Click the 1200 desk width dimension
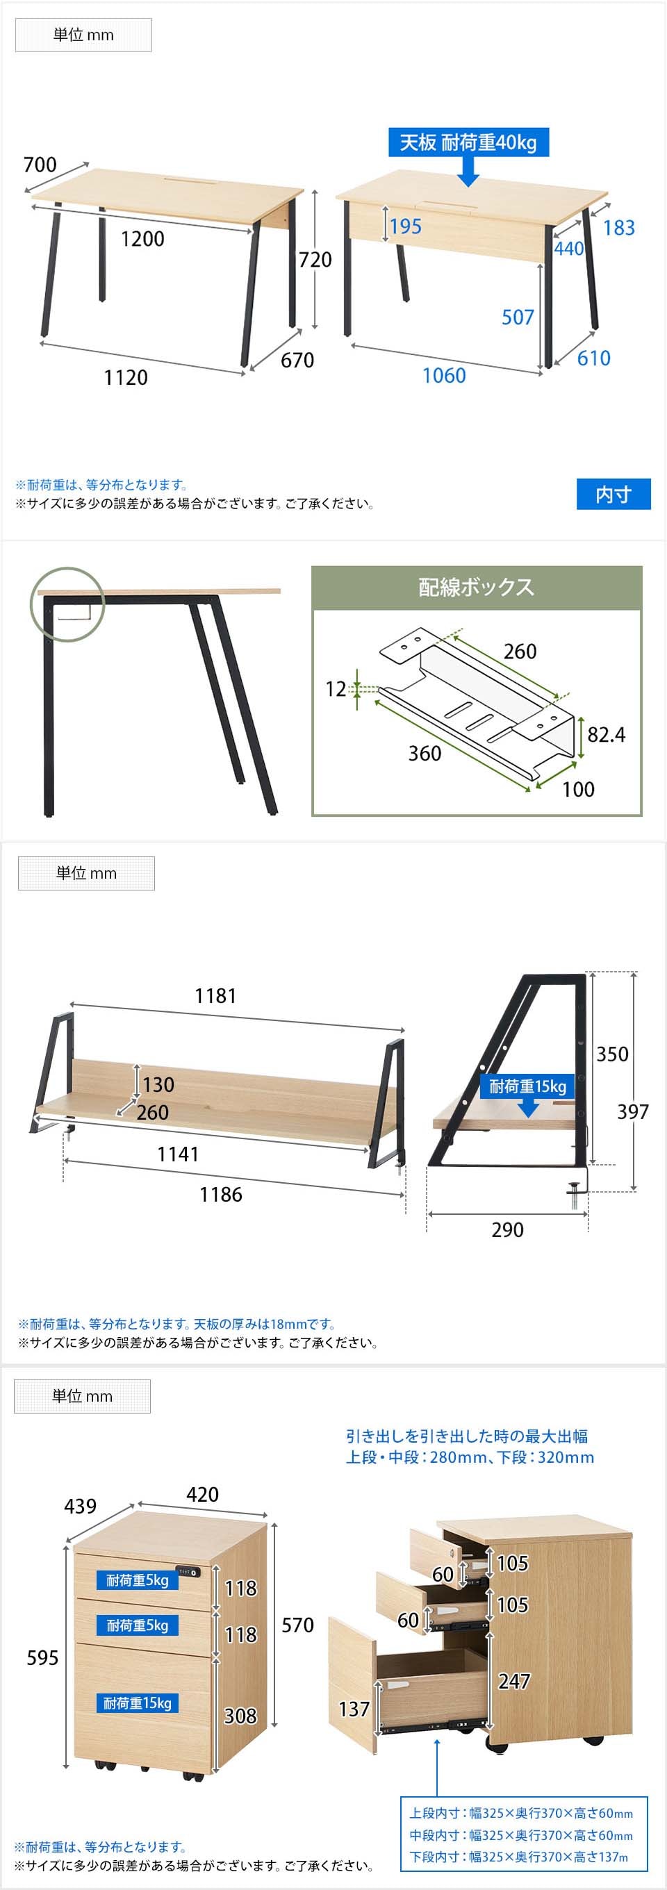tap(142, 238)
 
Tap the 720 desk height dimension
tap(315, 259)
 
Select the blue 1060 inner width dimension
tap(444, 375)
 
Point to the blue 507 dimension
tap(518, 317)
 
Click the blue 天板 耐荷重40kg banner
tap(468, 142)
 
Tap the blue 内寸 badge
tap(614, 494)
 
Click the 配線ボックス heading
tap(476, 587)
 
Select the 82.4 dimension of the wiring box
tap(606, 734)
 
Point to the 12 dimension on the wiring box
tap(336, 689)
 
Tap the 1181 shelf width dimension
tap(215, 995)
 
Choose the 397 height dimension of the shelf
tap(632, 1111)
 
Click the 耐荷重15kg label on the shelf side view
tap(527, 1086)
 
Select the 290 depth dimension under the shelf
tap(507, 1229)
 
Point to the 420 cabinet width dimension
tap(201, 1495)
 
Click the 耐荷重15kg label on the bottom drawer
tap(137, 1704)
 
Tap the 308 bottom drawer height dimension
tap(240, 1716)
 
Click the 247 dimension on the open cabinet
tap(513, 1681)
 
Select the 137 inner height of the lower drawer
tap(354, 1709)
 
